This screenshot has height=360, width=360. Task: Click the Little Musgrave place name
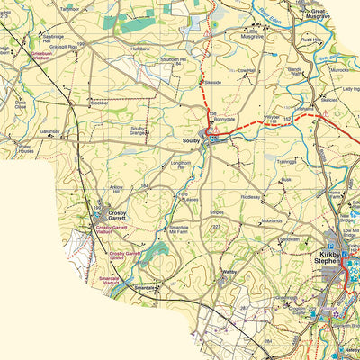[253, 36]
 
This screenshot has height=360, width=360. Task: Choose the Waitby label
[229, 270]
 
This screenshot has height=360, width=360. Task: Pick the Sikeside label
[213, 81]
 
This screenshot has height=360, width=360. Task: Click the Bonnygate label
[225, 119]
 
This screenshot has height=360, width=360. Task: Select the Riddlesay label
[251, 196]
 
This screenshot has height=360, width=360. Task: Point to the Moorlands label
[271, 220]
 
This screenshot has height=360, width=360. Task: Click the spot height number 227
[216, 227]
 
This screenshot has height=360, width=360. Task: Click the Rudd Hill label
[337, 40]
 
